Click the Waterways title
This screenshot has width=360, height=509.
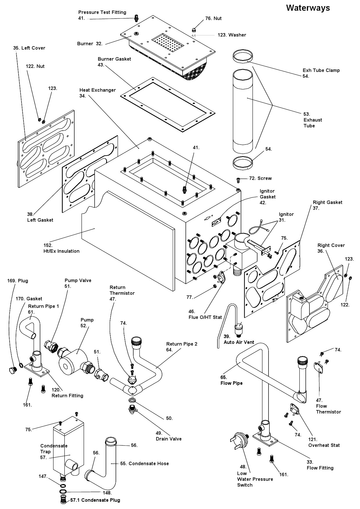pos(308,8)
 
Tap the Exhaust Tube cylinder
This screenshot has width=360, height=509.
pos(243,110)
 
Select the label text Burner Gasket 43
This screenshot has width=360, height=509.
pos(114,62)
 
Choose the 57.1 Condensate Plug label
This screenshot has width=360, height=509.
pos(95,500)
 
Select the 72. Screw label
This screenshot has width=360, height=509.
pos(260,178)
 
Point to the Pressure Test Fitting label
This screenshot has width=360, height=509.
pos(102,12)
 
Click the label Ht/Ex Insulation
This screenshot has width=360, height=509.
pos(61,251)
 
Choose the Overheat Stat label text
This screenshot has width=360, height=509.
pos(324,445)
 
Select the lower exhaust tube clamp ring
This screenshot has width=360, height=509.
pos(243,163)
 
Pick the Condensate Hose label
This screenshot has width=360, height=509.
pos(144,463)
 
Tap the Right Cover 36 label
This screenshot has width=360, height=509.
pos(331,245)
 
